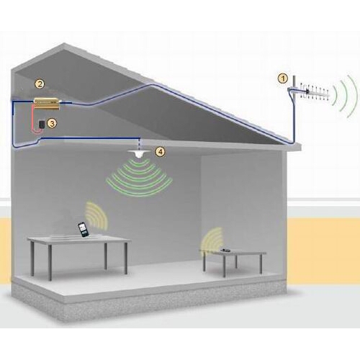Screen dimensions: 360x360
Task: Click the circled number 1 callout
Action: (x=283, y=78)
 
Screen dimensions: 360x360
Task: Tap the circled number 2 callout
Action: (x=40, y=84)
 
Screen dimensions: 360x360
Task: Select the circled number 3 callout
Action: (x=52, y=123)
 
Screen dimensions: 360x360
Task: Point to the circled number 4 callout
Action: (x=161, y=151)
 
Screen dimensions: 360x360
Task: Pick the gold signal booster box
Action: (x=47, y=103)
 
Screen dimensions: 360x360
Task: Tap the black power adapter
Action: (x=42, y=125)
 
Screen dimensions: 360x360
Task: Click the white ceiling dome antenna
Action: (x=138, y=153)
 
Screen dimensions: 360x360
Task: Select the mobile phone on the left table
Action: (x=83, y=230)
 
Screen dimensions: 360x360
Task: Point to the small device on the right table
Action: (x=225, y=251)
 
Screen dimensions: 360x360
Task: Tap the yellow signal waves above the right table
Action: (x=212, y=240)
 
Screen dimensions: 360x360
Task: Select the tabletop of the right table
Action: (x=233, y=253)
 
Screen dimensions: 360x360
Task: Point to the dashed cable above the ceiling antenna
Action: (x=140, y=144)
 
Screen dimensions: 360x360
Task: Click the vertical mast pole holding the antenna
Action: (x=294, y=108)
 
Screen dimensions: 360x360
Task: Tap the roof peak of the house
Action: (x=64, y=43)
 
